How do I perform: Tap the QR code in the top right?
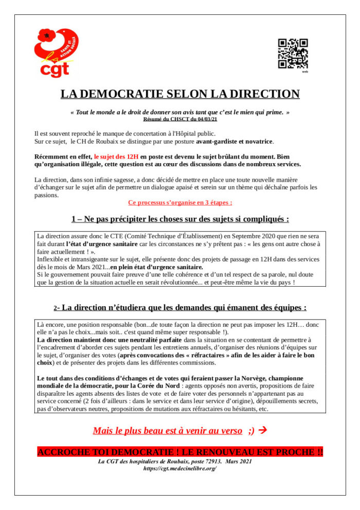(293, 54)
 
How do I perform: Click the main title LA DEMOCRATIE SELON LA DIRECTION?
(180, 94)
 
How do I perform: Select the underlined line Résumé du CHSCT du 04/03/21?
(180, 119)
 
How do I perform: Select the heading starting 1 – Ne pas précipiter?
(180, 219)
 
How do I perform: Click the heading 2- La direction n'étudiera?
(180, 308)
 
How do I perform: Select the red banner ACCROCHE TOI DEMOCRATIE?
(180, 452)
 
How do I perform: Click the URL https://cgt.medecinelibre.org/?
(180, 469)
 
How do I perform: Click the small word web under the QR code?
(304, 72)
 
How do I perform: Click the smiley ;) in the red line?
(251, 430)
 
